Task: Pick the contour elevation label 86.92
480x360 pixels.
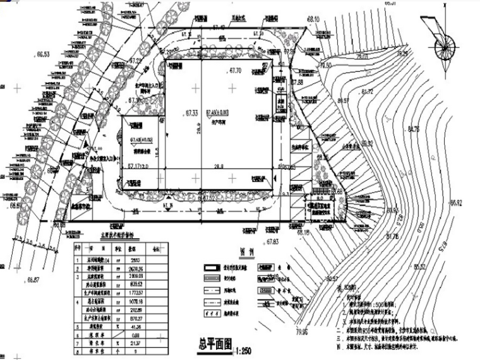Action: (x=455, y=203)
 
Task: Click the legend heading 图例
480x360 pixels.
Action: (x=246, y=250)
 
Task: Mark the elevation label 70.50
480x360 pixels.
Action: (x=325, y=66)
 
